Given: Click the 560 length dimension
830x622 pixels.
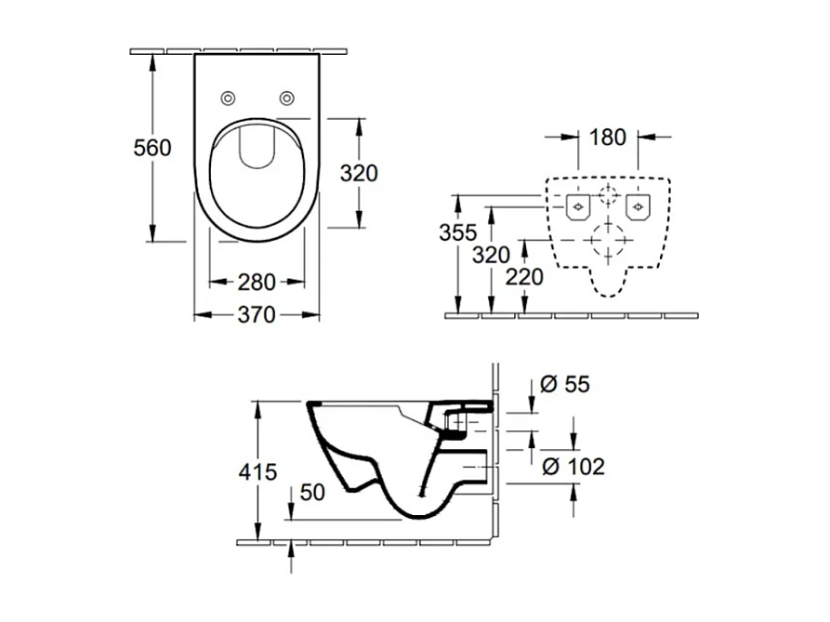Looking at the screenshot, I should pos(152,148).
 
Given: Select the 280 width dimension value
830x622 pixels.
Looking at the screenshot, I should pos(257,280).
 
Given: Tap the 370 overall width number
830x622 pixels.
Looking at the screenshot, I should pos(257,315).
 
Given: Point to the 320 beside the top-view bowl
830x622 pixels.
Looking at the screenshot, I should pos(359,173).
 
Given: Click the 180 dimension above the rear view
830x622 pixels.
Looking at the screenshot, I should pos(607,137).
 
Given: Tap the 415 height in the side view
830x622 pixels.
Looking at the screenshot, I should pos(257,471).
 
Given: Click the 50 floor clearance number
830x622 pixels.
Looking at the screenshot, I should pos(312,493).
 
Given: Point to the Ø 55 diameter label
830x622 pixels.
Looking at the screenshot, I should pos(564,384).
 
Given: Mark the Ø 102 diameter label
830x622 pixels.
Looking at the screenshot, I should pos(572,466).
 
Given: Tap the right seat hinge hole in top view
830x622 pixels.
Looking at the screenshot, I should pos(287,98).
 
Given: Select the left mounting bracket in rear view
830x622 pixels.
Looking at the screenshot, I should pos(578,205).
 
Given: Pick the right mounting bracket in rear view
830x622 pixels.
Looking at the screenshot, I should pos(638,205).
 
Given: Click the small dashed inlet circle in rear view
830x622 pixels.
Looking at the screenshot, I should pos(608,195).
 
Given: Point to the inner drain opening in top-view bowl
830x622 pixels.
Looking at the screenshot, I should pos(257,148).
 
